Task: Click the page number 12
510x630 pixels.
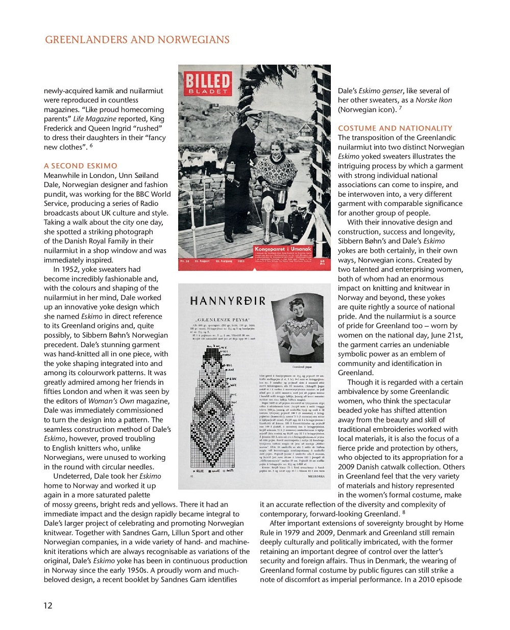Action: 47,605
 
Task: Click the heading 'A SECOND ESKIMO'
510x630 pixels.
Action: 81,166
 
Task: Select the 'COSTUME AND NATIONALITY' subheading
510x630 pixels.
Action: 395,128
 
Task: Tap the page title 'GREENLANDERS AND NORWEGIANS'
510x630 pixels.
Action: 137,40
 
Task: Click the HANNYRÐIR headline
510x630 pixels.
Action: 228,301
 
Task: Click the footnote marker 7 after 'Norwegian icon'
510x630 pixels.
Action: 400,108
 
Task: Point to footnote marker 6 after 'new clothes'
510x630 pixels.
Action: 91,146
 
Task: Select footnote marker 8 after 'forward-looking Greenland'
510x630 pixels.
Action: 403,512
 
